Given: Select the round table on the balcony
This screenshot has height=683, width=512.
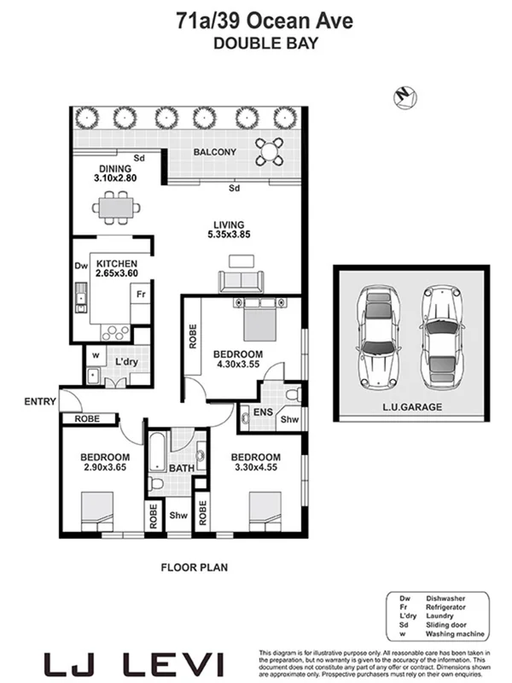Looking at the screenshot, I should pyautogui.click(x=270, y=152).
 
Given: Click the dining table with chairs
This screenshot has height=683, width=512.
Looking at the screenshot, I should pyautogui.click(x=115, y=207).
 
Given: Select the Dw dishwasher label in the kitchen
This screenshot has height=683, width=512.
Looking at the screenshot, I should pyautogui.click(x=80, y=266).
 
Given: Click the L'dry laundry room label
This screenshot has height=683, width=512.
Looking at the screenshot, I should pyautogui.click(x=126, y=362).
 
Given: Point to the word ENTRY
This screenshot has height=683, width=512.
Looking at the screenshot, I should pyautogui.click(x=40, y=401).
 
